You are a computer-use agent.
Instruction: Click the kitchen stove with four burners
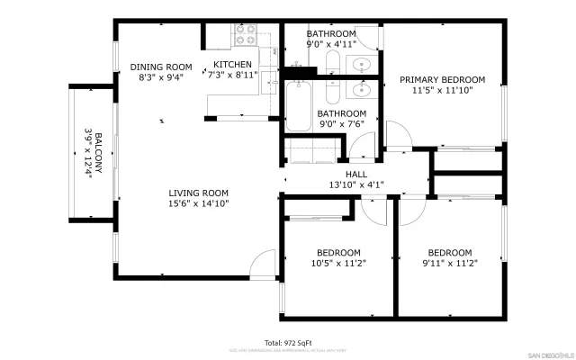246,35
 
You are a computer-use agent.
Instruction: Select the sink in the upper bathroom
363,64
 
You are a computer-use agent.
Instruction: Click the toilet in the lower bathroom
330,92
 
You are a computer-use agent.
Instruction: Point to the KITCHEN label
231,65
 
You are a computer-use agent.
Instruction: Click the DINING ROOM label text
161,67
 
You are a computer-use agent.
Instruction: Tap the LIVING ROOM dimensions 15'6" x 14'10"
198,204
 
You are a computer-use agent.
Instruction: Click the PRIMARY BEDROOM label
442,79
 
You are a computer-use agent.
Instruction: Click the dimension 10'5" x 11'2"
338,264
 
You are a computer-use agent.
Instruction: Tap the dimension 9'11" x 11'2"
449,264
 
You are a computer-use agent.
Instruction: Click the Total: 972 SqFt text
288,342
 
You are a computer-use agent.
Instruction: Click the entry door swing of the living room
264,264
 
